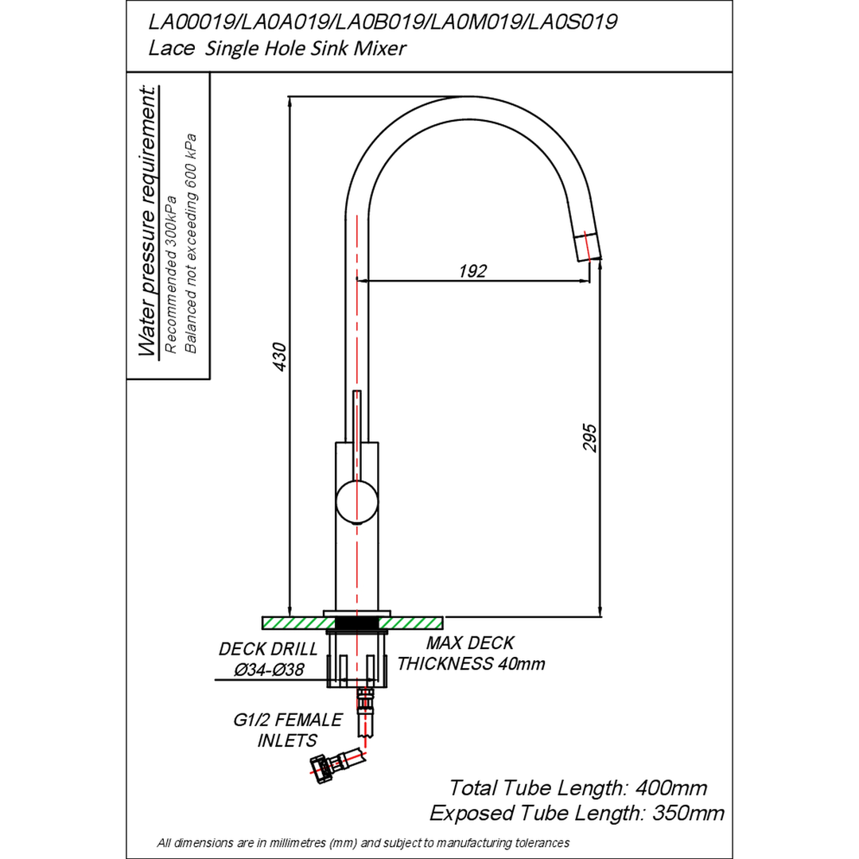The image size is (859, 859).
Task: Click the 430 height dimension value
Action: [279, 356]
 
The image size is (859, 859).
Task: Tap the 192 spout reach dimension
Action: [472, 270]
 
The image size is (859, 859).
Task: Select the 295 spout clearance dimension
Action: [589, 437]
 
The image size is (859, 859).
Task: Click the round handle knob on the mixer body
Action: [356, 501]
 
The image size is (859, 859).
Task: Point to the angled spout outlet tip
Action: [588, 247]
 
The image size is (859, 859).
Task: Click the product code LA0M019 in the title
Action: [472, 22]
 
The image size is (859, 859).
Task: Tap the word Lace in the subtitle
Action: [172, 49]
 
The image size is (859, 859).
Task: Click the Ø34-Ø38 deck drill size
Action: [270, 670]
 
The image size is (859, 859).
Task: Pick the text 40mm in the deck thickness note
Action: [522, 664]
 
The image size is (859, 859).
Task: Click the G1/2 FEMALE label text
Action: [288, 719]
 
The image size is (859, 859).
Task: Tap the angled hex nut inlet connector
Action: [324, 768]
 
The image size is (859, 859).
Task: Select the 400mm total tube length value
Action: [671, 787]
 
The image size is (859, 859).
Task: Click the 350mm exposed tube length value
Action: [688, 813]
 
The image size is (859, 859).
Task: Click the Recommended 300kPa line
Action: [171, 274]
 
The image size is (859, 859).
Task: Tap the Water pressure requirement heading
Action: [148, 221]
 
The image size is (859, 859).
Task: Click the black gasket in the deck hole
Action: [356, 623]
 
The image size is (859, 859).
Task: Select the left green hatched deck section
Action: [298, 623]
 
